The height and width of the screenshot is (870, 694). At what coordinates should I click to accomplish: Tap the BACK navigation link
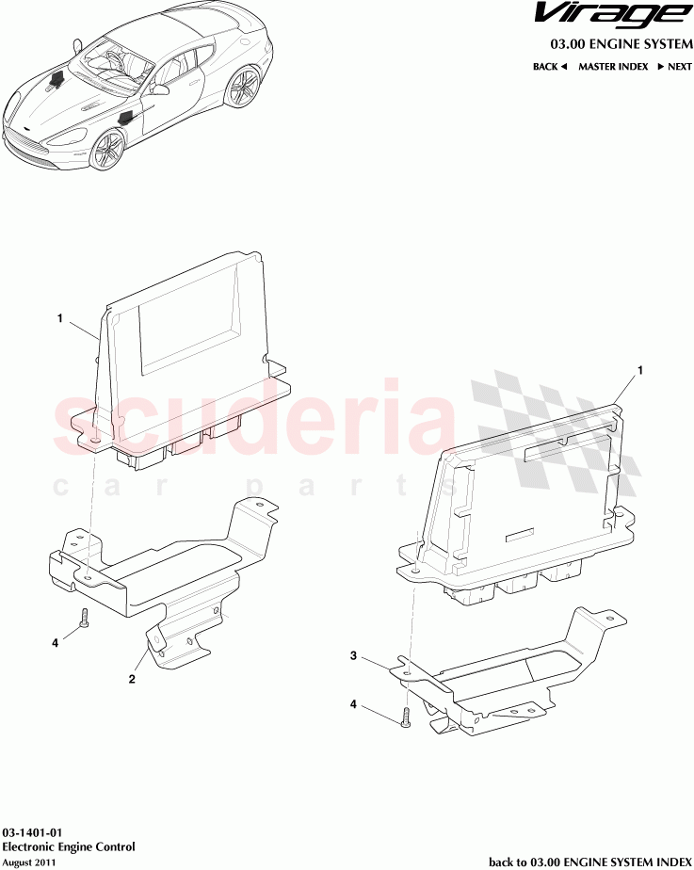click(x=549, y=67)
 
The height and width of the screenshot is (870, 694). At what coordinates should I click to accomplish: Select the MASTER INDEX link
click(x=613, y=67)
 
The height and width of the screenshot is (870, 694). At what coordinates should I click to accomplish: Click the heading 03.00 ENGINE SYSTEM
click(x=621, y=44)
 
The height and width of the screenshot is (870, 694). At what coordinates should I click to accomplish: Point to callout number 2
click(x=132, y=679)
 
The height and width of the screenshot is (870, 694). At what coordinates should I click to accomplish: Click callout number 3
click(x=353, y=656)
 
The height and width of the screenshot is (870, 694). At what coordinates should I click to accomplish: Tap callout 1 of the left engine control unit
click(x=60, y=318)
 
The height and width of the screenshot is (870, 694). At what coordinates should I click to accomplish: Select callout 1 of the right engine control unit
click(x=640, y=370)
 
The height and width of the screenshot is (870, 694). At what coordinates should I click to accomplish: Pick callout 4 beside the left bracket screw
click(x=55, y=643)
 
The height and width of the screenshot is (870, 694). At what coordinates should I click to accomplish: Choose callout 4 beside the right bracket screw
click(x=353, y=704)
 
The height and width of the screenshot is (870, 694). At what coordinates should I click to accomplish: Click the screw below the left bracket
click(x=85, y=618)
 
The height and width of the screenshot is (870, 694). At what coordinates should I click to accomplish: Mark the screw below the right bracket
click(x=406, y=717)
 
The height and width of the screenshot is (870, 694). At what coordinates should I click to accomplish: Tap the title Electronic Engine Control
click(x=69, y=846)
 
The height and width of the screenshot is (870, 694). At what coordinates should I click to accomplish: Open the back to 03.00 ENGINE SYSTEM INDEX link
click(x=590, y=862)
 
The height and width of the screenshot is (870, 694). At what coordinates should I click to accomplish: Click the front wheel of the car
click(x=107, y=150)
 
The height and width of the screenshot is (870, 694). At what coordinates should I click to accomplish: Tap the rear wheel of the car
click(x=242, y=87)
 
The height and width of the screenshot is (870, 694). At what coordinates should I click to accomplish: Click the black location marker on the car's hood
click(x=56, y=80)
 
